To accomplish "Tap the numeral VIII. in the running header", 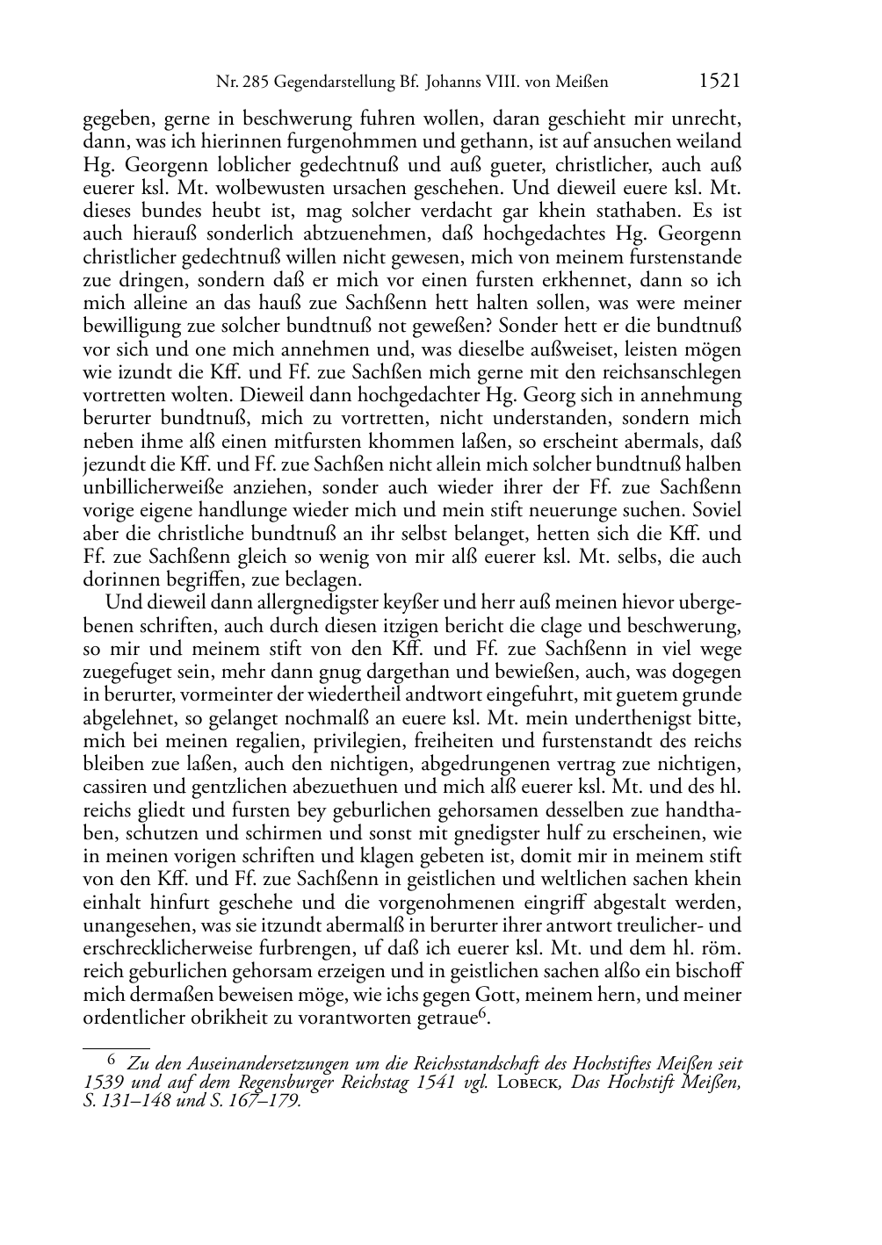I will [x=499, y=83].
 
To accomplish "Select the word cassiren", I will [x=114, y=787].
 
